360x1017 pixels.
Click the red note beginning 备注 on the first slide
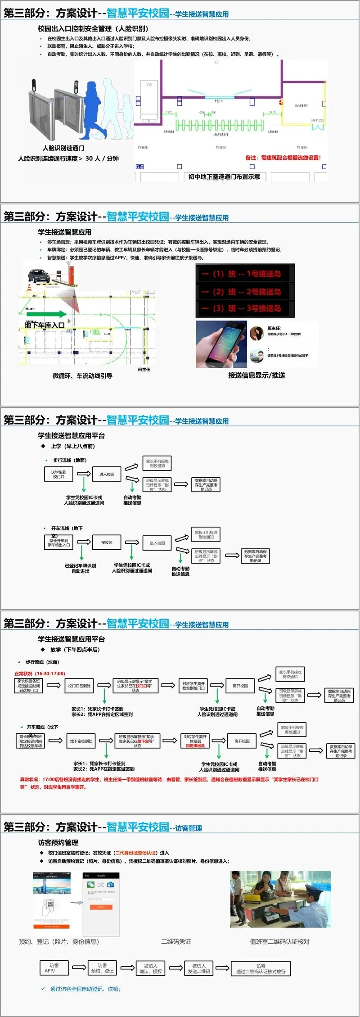point(283,158)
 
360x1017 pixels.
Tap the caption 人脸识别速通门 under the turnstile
point(63,148)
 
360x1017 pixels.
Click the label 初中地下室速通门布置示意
point(224,177)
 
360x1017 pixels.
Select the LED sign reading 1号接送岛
point(245,274)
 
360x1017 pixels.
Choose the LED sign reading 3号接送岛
point(245,308)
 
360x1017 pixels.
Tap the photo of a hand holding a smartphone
point(221,344)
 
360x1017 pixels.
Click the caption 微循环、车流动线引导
point(82,376)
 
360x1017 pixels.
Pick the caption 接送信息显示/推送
point(256,375)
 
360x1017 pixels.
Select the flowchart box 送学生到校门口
point(58,474)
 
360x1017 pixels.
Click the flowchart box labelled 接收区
point(107,542)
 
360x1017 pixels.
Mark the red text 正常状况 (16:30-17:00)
point(40,673)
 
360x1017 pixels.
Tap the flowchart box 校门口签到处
point(79,686)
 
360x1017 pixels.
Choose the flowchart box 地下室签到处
point(81,741)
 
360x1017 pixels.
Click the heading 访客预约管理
point(58,843)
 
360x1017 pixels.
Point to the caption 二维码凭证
point(176,942)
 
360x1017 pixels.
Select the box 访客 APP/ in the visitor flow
point(54,968)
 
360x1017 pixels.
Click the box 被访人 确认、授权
point(150,968)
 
